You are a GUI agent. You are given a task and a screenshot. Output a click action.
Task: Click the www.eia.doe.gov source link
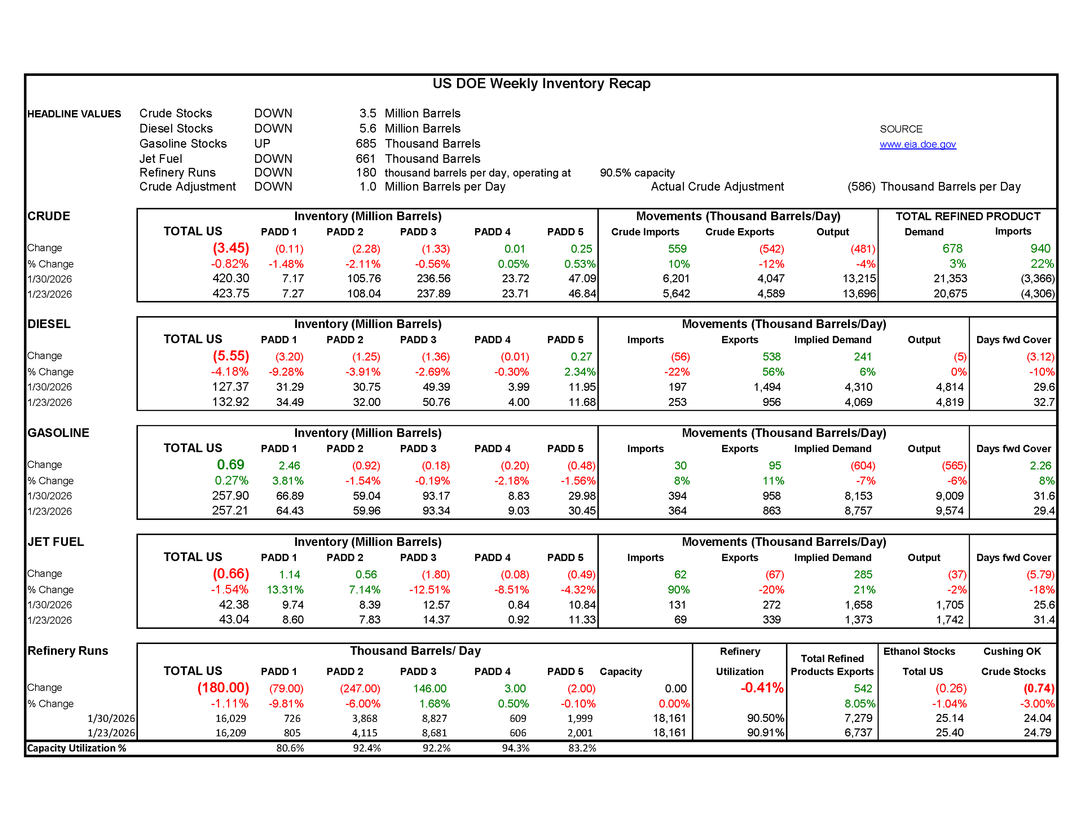click(917, 144)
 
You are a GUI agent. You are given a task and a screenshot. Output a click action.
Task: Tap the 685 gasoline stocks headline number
click(366, 144)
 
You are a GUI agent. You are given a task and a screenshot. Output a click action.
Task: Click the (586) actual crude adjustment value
click(861, 187)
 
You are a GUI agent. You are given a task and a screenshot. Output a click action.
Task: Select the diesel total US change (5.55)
click(231, 356)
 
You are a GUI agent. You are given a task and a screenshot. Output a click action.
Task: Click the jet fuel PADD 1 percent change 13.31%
click(285, 589)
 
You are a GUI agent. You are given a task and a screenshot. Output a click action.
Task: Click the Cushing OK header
click(1012, 651)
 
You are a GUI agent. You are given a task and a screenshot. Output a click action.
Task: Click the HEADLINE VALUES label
click(74, 114)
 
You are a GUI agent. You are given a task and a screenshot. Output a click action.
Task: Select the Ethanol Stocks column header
click(919, 651)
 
